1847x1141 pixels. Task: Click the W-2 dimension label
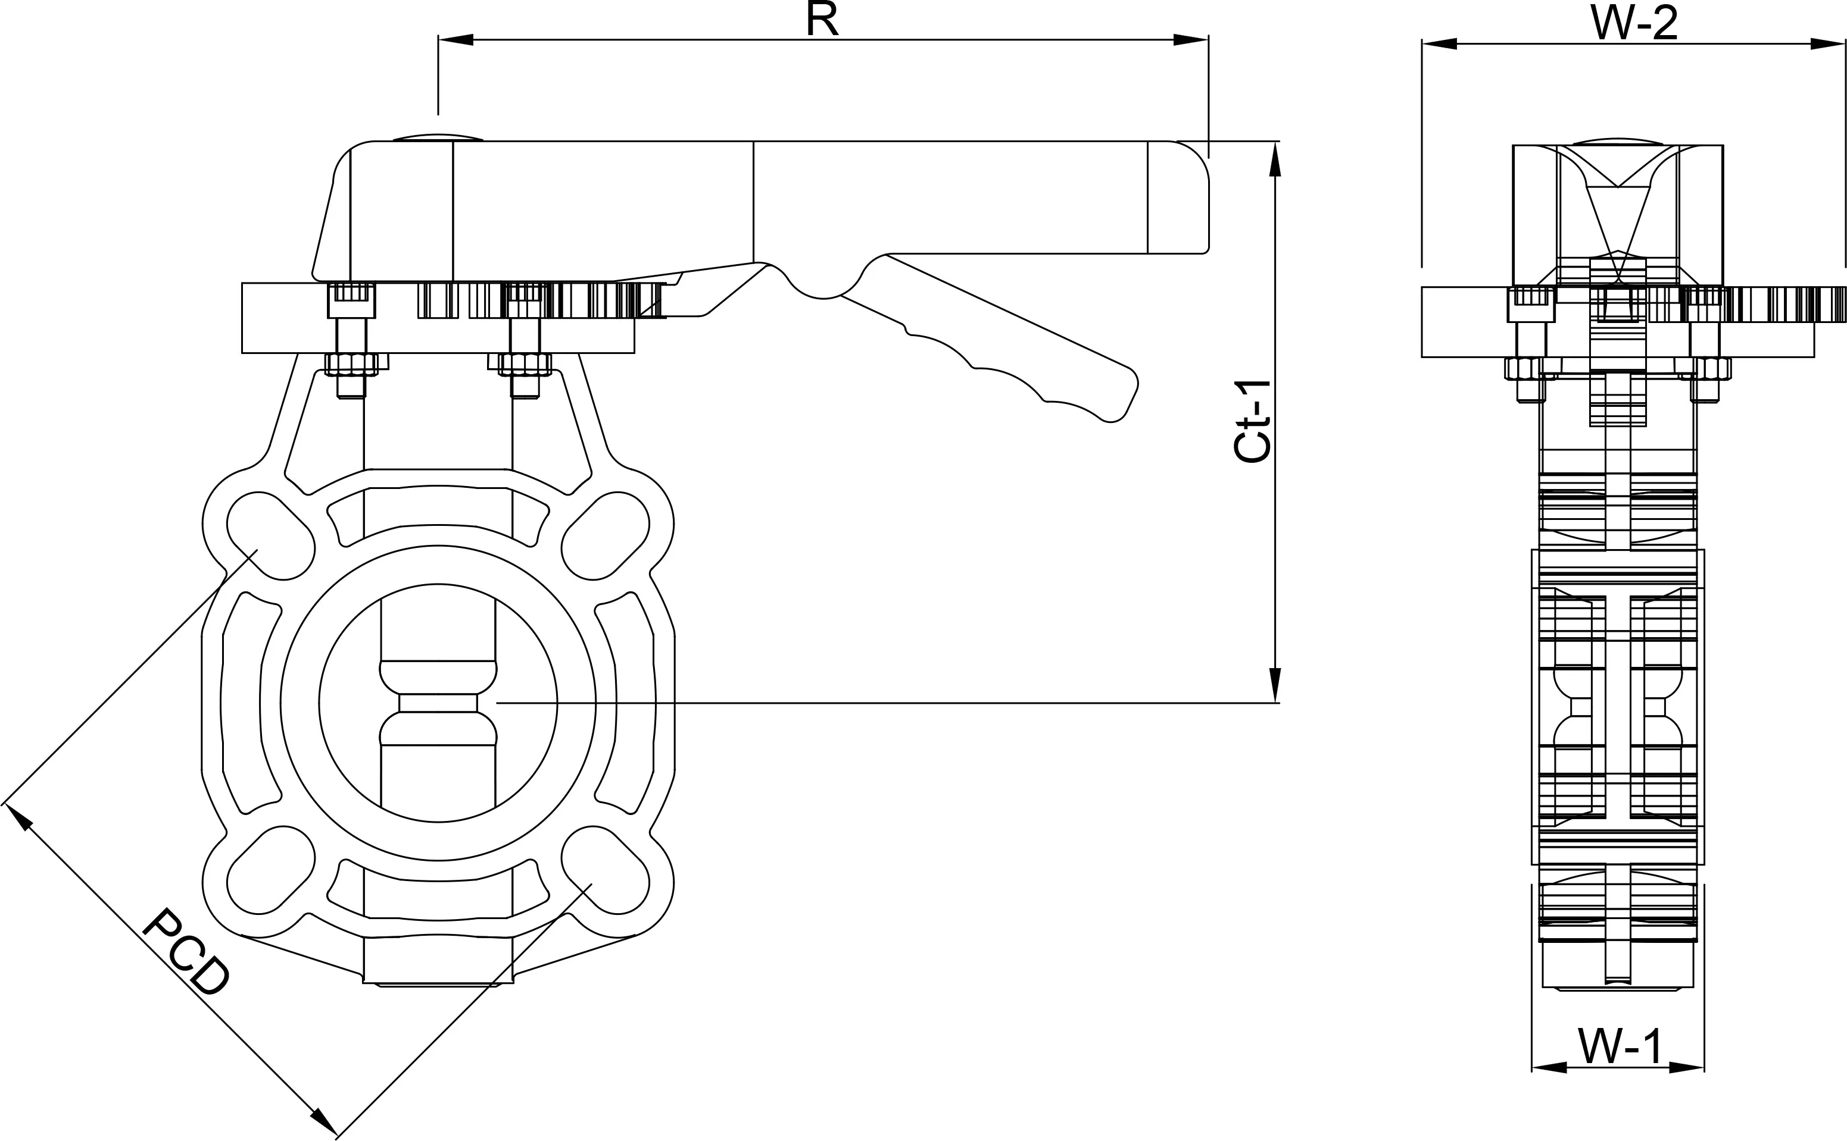tap(1634, 23)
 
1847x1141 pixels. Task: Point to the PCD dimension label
tap(185, 952)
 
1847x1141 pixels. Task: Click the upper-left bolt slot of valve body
tap(270, 536)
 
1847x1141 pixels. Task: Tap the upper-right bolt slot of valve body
tap(606, 536)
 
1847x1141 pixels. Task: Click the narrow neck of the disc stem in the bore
tap(438, 703)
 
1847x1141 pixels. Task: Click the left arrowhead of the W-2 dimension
tap(1439, 45)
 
